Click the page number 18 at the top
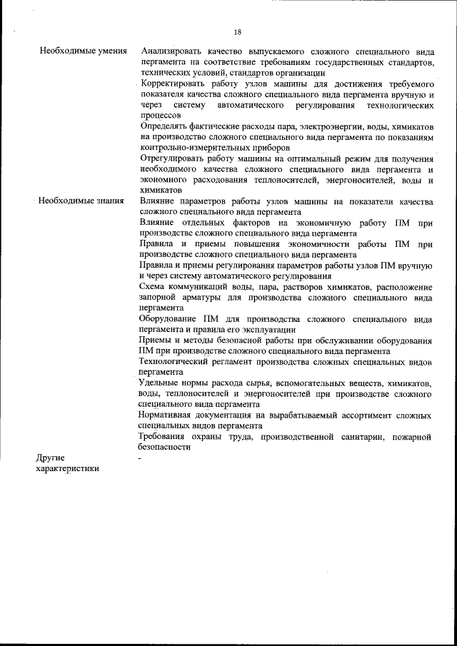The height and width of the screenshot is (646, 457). click(237, 31)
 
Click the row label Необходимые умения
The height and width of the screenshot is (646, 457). click(84, 52)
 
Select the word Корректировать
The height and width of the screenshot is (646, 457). click(176, 84)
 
